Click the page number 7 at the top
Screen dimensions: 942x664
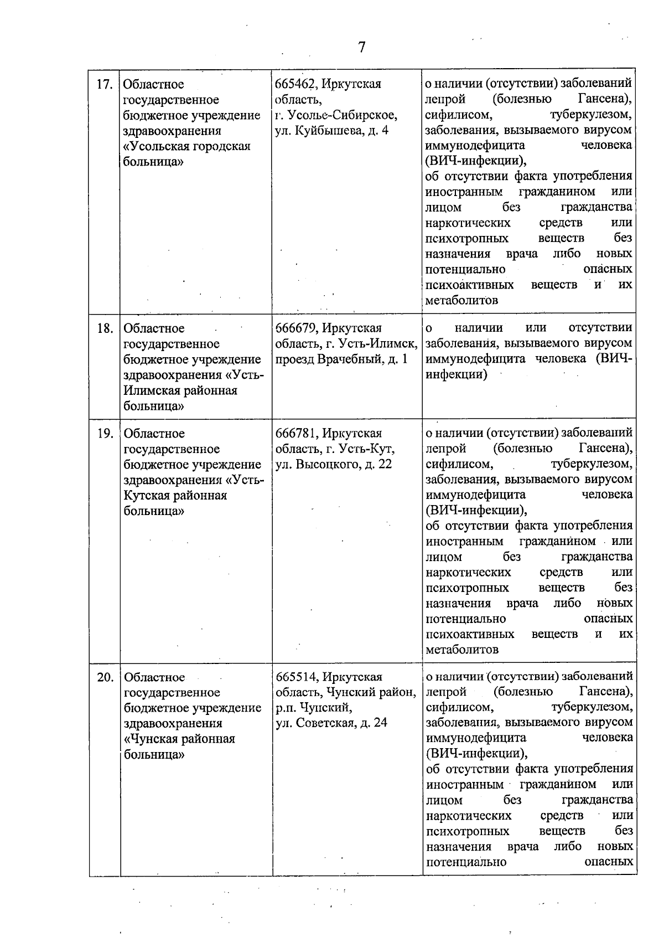361,48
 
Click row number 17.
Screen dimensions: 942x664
105,85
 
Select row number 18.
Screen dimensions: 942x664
105,328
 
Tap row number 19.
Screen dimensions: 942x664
105,434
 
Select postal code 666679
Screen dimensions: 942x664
296,328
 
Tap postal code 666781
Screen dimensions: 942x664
296,433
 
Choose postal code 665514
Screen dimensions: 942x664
296,677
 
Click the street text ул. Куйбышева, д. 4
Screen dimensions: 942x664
332,131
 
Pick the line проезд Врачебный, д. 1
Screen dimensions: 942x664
341,359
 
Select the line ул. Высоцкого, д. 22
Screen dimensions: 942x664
334,464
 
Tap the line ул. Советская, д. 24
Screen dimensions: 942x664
331,723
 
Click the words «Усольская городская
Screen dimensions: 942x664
186,146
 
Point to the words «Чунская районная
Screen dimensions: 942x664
179,739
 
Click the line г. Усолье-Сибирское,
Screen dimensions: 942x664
336,115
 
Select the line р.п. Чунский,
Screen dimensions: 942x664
314,708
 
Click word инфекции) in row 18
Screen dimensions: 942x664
456,374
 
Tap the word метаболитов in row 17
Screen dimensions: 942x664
461,300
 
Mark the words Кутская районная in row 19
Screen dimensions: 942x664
175,495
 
